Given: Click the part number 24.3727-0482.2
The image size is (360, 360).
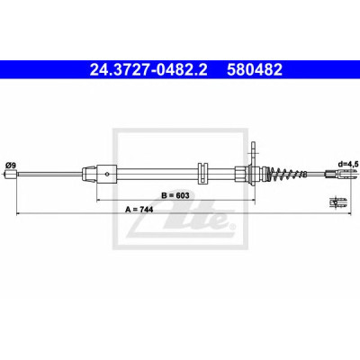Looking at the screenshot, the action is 148,70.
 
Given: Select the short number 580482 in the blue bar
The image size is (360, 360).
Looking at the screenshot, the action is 255,70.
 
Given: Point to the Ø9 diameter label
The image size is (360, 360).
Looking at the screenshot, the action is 10,165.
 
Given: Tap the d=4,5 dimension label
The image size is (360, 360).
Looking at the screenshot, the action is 346,164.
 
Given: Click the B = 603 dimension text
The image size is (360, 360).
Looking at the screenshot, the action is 175,195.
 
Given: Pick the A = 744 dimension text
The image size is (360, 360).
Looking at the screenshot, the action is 139,210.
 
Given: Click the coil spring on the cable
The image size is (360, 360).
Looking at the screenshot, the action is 287,174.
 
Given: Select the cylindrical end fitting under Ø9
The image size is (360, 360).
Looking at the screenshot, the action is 11,174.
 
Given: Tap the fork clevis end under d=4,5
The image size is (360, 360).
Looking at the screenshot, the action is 341,174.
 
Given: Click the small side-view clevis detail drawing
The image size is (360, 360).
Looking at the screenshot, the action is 338,202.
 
